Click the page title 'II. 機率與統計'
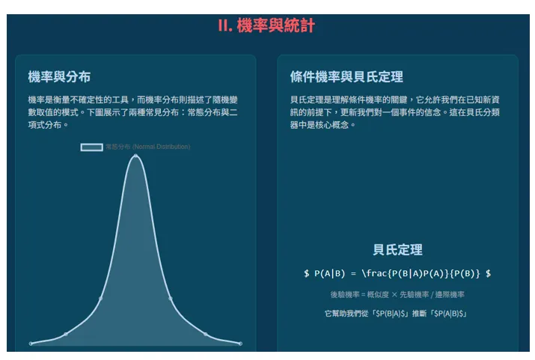[266, 26]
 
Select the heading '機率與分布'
[59, 77]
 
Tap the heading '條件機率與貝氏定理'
[346, 77]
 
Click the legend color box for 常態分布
[91, 147]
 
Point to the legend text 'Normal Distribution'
[161, 147]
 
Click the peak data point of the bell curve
[135, 156]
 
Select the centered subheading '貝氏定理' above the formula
[397, 250]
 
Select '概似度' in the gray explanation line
[379, 295]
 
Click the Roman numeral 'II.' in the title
[225, 26]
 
